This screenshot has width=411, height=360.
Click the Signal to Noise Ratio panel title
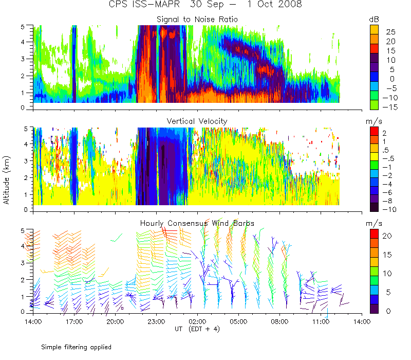pos(197,20)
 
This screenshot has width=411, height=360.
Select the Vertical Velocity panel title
pos(197,121)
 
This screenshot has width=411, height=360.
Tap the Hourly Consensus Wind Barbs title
pos(197,223)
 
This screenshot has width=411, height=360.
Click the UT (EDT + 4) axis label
pos(197,329)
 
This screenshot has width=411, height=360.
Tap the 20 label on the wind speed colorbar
pos(388,236)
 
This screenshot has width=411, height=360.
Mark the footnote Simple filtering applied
pos(76,347)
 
